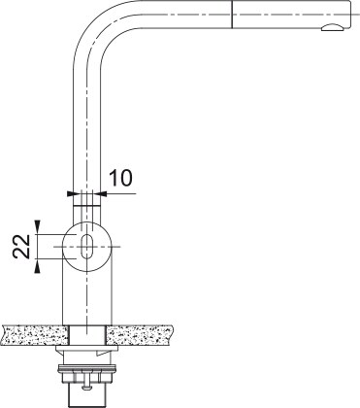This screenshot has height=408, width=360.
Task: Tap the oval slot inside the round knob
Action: pos(87,247)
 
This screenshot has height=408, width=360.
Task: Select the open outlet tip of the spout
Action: pos(334,31)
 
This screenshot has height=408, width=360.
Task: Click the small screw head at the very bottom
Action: pos(85,393)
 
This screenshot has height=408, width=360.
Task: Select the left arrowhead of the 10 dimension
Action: pos(72,193)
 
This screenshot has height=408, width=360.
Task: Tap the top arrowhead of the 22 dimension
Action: pos(39,226)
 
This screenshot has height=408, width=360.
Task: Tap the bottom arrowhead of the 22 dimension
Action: pos(39,268)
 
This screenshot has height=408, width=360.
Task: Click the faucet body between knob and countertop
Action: pos(87,296)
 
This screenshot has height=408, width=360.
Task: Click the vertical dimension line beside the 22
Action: pos(39,247)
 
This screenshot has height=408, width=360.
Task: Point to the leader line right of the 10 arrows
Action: pos(121,193)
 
